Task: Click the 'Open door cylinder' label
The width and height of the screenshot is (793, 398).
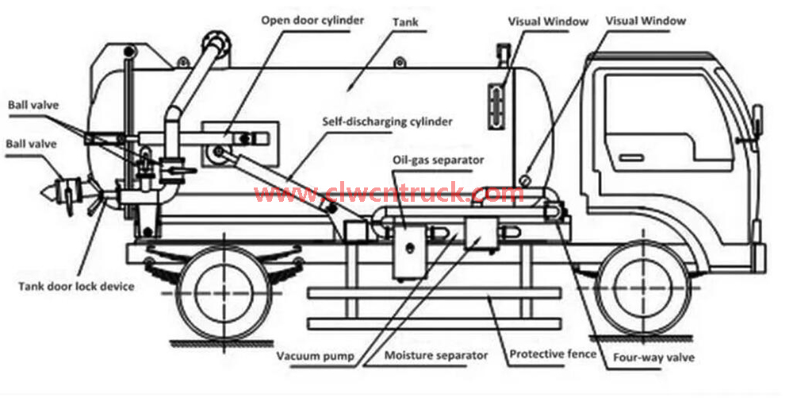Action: click(x=312, y=18)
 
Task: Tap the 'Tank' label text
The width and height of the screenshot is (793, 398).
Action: click(x=404, y=25)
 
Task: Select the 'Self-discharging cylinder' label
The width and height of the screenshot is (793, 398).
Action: click(x=388, y=122)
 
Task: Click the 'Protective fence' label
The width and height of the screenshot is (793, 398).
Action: click(x=553, y=354)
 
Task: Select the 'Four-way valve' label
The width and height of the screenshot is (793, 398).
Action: click(x=654, y=357)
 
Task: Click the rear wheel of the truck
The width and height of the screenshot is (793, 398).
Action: click(x=217, y=292)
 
